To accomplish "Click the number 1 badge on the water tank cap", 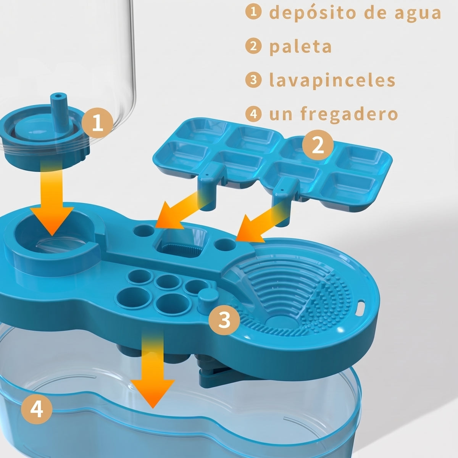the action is point(97,123).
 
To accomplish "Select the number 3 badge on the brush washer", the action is point(224,320).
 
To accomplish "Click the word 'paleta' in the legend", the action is point(300,47).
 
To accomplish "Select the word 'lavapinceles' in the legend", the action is point(332,80).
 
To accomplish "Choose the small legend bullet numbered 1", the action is point(253,12).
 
